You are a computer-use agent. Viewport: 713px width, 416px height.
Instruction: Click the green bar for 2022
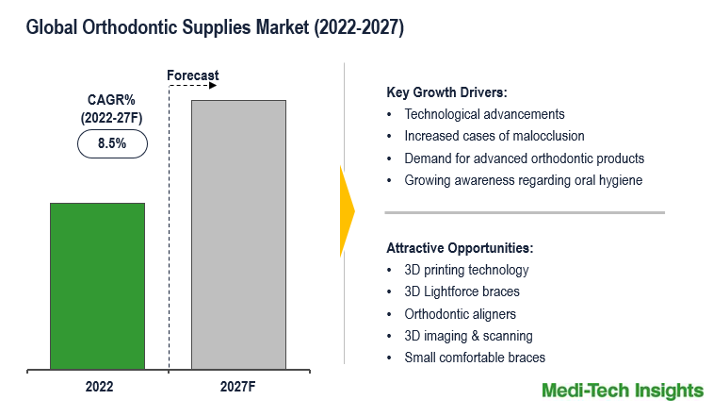click(97, 286)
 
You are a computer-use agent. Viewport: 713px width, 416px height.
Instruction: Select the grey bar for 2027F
click(238, 235)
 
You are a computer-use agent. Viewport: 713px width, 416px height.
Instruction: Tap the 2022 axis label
click(99, 387)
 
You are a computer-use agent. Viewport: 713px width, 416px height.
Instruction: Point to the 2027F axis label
click(237, 387)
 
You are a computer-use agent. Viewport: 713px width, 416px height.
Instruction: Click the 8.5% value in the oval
click(112, 143)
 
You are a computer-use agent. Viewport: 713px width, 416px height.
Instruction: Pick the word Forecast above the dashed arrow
click(193, 75)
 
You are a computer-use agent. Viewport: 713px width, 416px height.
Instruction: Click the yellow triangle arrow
click(348, 211)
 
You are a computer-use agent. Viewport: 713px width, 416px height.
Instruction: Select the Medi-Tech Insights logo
click(623, 391)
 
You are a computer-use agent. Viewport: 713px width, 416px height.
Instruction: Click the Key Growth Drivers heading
click(446, 92)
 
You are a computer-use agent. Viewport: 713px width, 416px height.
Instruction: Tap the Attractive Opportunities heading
click(460, 248)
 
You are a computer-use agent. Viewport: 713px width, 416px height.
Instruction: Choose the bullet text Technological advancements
click(484, 114)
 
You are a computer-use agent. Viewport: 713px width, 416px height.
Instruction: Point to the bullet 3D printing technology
click(466, 270)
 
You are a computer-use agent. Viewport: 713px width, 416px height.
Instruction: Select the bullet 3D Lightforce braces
click(462, 291)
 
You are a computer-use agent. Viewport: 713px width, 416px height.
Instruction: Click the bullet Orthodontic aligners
click(461, 314)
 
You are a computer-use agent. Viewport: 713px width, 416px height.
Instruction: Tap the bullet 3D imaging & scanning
click(468, 336)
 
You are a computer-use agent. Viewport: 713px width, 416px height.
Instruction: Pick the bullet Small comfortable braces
click(475, 358)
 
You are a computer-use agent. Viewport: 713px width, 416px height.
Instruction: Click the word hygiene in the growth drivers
click(621, 180)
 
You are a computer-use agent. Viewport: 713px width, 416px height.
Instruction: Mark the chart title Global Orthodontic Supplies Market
click(168, 27)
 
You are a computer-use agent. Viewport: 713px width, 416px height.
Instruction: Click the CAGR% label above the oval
click(111, 100)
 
